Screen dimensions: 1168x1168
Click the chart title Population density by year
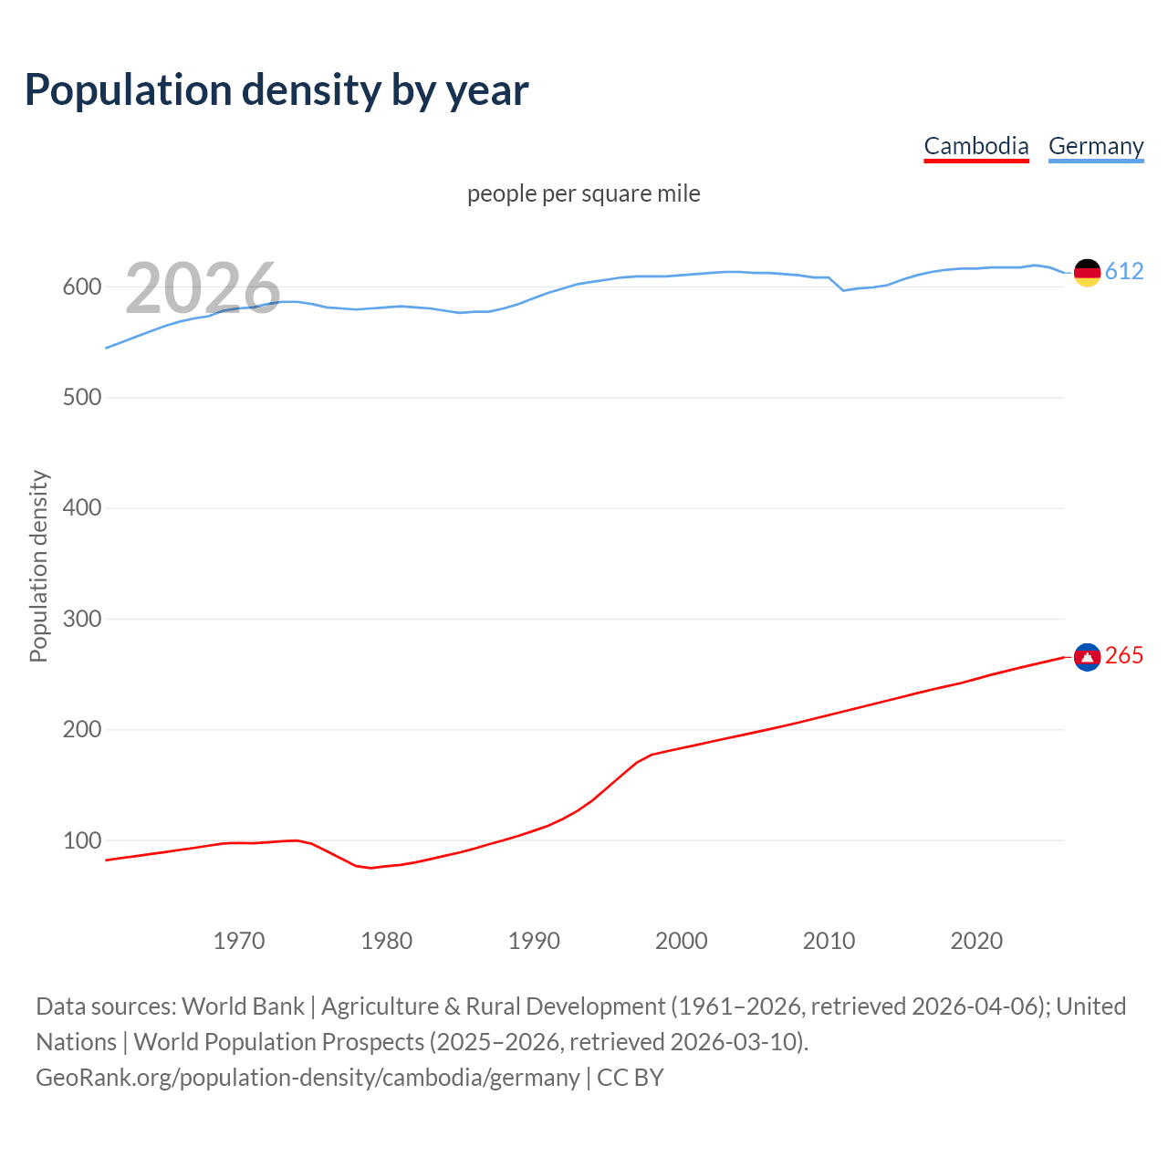pyautogui.click(x=276, y=90)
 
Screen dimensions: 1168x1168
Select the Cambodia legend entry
pyautogui.click(x=975, y=146)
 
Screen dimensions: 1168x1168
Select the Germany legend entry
pyautogui.click(x=1095, y=146)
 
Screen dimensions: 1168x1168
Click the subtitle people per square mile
pyautogui.click(x=583, y=193)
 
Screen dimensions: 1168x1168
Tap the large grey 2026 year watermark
pyautogui.click(x=203, y=288)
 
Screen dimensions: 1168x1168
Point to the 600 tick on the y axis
pyautogui.click(x=81, y=287)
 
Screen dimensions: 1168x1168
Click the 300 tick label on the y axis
pyautogui.click(x=81, y=619)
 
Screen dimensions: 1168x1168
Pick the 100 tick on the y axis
pyautogui.click(x=81, y=840)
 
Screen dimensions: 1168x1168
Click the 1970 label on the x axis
pyautogui.click(x=239, y=941)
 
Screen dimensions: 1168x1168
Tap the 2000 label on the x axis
pyautogui.click(x=681, y=941)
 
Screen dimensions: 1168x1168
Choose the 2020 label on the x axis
pyautogui.click(x=976, y=941)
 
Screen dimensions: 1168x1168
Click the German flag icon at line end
pyautogui.click(x=1087, y=272)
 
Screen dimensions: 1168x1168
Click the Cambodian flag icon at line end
pyautogui.click(x=1087, y=657)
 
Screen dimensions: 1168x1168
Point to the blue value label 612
pyautogui.click(x=1124, y=271)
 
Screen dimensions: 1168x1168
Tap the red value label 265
pyautogui.click(x=1124, y=656)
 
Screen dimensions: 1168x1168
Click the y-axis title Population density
pyautogui.click(x=38, y=566)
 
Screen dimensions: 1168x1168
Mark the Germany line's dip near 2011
pyautogui.click(x=843, y=290)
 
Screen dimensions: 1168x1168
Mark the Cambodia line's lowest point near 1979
pyautogui.click(x=370, y=868)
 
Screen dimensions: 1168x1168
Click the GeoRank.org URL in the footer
pyautogui.click(x=308, y=1078)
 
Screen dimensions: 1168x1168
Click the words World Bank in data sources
pyautogui.click(x=243, y=1006)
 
